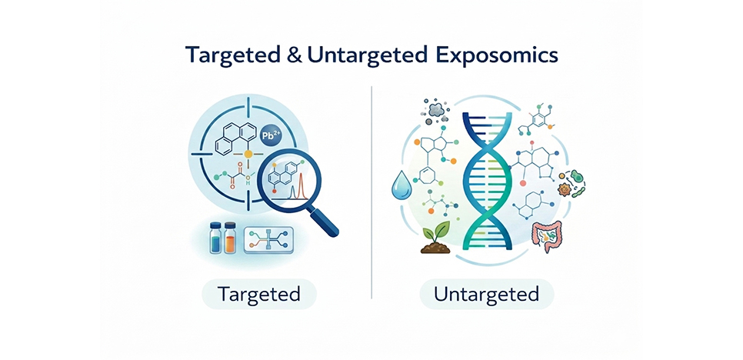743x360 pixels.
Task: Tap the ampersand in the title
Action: pos(293,56)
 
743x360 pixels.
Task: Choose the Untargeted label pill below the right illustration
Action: pos(486,294)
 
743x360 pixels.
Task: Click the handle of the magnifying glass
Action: pos(326,222)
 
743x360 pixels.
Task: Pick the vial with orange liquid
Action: pos(230,238)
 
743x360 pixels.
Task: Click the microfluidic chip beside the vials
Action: pos(267,240)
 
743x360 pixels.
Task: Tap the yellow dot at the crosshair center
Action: pos(248,154)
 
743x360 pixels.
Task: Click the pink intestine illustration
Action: pos(547,235)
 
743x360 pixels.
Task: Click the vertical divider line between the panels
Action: pos(371,192)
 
